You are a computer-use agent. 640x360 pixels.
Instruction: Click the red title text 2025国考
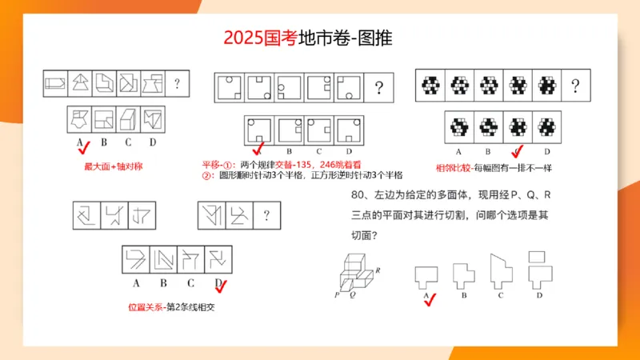click(260, 38)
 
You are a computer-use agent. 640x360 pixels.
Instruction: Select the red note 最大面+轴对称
click(108, 166)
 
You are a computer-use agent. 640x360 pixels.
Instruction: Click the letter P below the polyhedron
click(337, 294)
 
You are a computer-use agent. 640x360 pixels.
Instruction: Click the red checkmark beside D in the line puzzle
click(222, 286)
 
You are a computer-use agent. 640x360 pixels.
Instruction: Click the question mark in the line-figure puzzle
click(265, 214)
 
